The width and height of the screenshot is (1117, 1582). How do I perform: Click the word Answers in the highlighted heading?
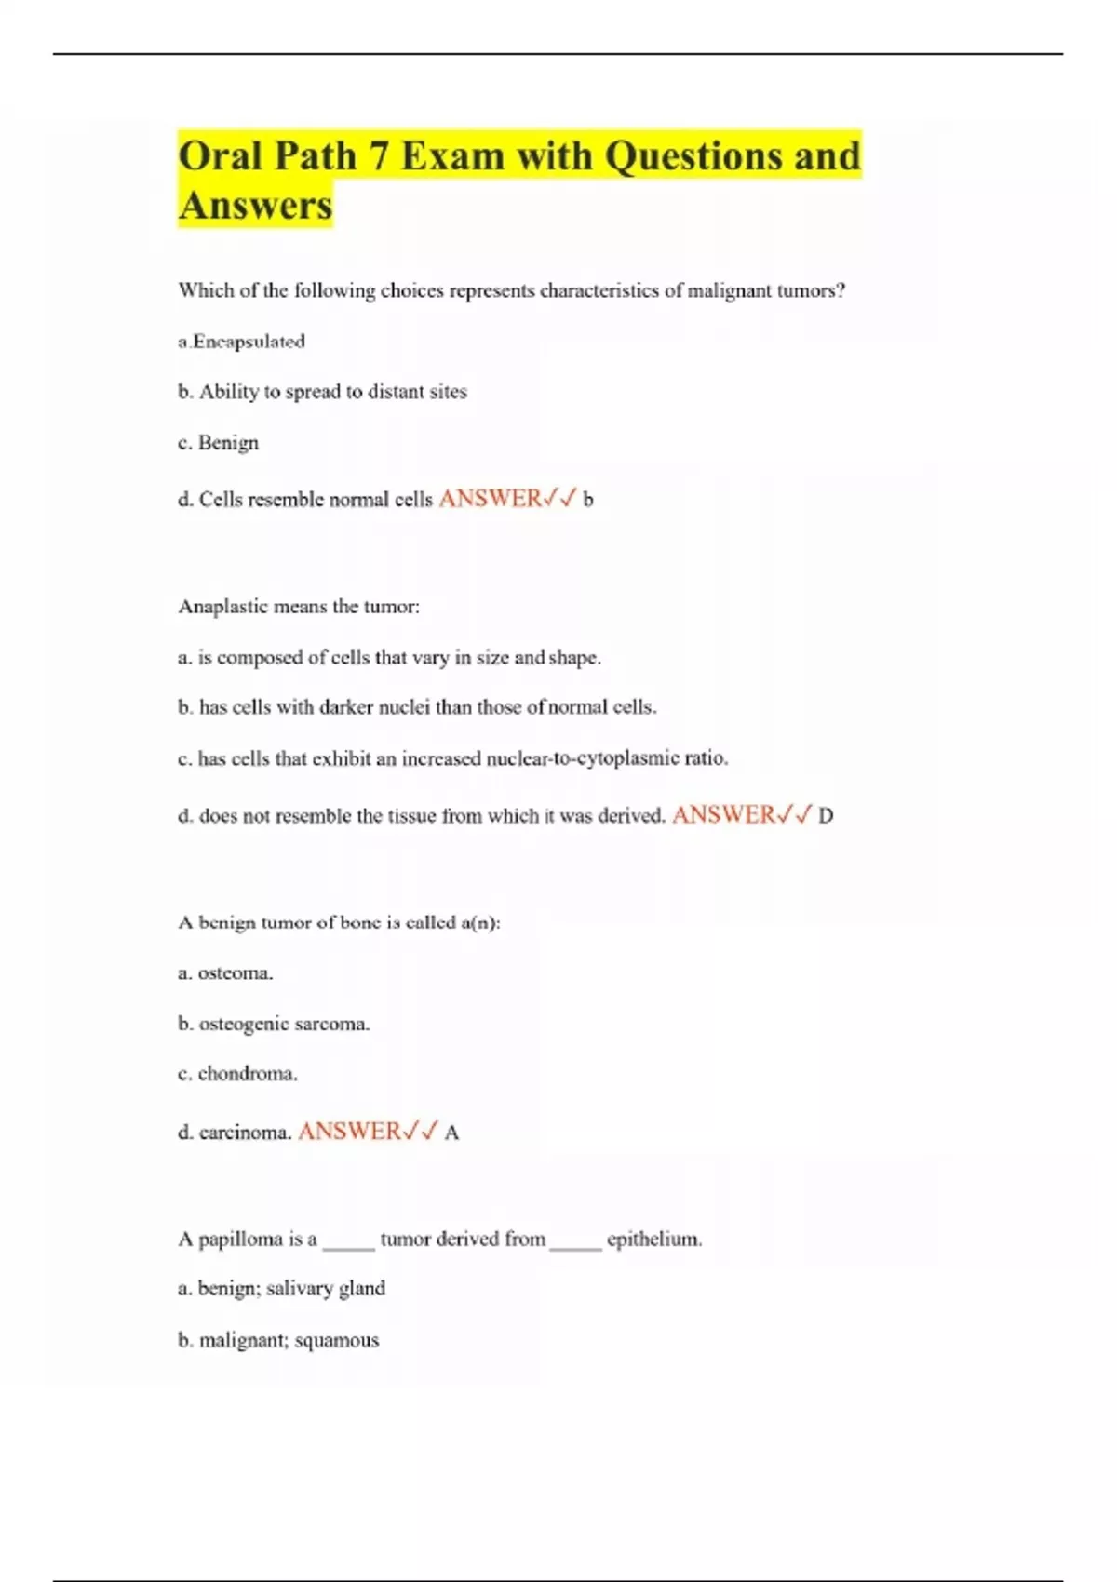pos(255,206)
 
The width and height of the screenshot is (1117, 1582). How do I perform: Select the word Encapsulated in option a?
pos(249,342)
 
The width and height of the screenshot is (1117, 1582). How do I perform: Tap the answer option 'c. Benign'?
pos(219,443)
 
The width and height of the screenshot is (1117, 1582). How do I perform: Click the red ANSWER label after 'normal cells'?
pos(491,499)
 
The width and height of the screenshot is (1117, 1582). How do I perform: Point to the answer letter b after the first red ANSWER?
pos(587,500)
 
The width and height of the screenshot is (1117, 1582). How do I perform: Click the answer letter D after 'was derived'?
pos(826,816)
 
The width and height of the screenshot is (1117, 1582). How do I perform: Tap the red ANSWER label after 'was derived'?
pos(724,815)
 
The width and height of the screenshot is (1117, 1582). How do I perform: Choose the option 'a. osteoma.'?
pos(225,973)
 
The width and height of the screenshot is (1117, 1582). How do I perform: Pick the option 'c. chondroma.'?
pos(237,1074)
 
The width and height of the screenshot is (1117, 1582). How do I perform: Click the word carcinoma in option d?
pos(245,1133)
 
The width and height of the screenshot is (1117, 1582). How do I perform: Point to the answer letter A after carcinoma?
pos(451,1133)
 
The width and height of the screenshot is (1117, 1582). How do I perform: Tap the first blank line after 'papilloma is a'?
pos(348,1245)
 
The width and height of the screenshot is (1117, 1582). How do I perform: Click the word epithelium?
pos(653,1240)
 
